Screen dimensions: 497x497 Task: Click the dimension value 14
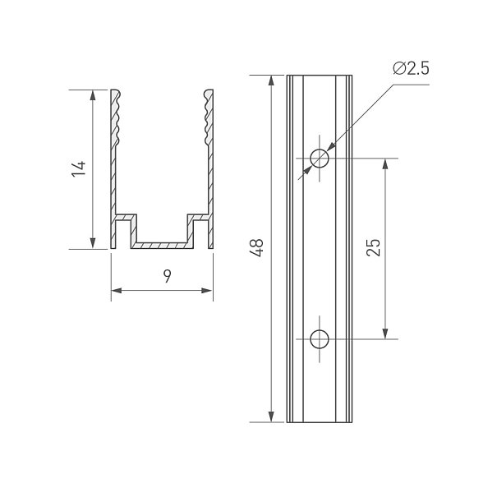point(79,169)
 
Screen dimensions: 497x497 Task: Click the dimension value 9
point(168,276)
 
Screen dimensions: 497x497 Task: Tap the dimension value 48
point(257,248)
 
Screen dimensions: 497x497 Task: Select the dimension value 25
point(373,247)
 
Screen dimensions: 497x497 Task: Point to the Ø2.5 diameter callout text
point(411,68)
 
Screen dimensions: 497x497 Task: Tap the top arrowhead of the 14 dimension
point(93,95)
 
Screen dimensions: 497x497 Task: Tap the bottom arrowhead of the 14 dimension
point(93,243)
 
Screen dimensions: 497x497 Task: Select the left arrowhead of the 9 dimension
point(117,290)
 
